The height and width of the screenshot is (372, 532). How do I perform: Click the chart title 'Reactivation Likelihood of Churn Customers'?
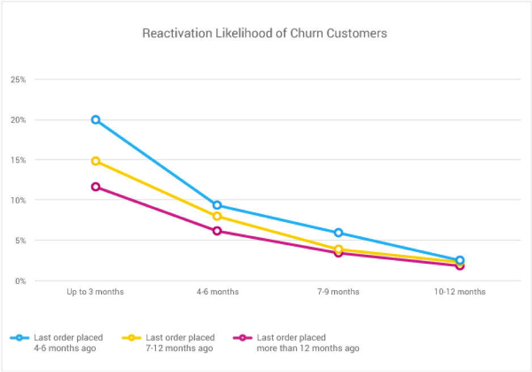tap(264, 33)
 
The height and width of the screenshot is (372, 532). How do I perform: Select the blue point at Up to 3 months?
tap(95, 119)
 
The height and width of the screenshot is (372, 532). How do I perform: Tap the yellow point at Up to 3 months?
tap(95, 161)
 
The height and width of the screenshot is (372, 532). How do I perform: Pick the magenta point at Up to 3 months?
tap(95, 187)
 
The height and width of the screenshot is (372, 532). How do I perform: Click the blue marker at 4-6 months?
tap(217, 205)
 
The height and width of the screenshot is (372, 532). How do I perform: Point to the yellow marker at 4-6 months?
tap(217, 216)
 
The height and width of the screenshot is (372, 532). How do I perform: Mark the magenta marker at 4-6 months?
tap(217, 231)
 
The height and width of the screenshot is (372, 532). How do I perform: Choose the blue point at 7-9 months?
tap(339, 233)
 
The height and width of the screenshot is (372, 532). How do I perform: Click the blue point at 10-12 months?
tap(460, 260)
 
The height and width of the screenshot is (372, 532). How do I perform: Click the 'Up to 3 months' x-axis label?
tap(95, 292)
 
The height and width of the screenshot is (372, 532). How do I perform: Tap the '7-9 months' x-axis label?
tap(339, 292)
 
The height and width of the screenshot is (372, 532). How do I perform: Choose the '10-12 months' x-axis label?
tap(460, 292)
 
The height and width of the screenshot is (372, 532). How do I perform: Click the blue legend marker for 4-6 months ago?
tap(19, 338)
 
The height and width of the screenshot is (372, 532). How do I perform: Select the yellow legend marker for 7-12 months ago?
tap(132, 338)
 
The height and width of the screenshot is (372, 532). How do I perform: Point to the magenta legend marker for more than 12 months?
tap(243, 338)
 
